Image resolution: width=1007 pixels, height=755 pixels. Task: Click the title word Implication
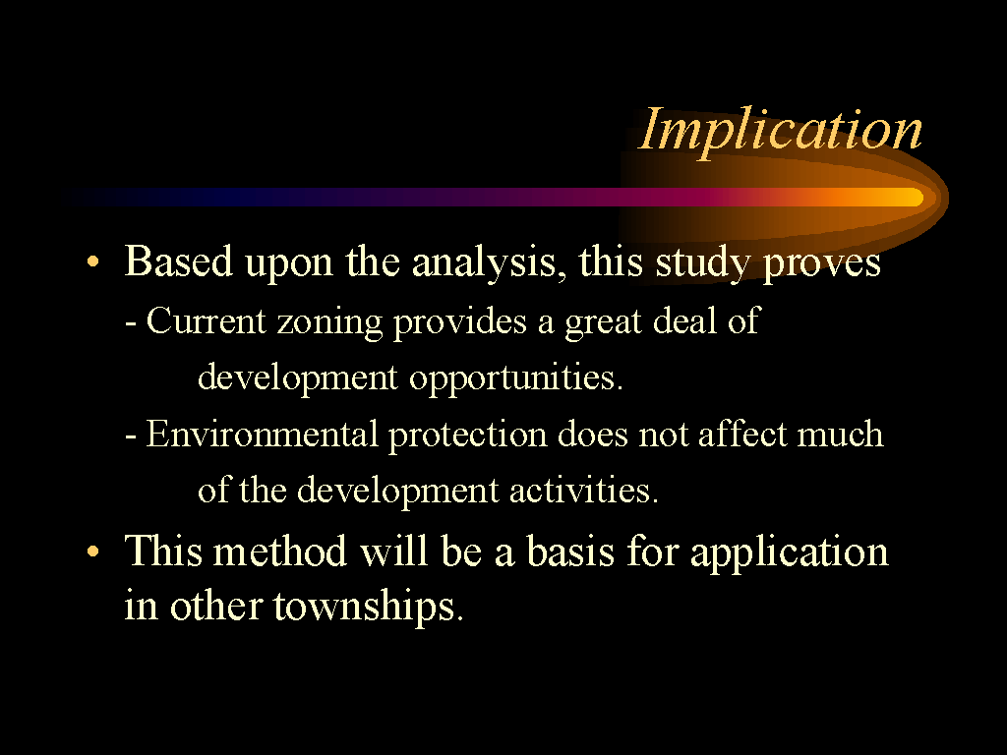(x=780, y=131)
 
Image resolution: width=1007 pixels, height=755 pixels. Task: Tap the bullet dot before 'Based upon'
(x=93, y=261)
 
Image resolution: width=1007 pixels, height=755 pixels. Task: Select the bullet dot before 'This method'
(x=93, y=551)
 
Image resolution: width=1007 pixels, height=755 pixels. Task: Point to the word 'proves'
(x=821, y=264)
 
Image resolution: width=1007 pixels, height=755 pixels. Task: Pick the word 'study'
(x=702, y=263)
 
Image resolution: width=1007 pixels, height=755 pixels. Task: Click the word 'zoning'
(x=329, y=321)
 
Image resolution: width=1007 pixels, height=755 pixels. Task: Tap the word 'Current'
(x=206, y=320)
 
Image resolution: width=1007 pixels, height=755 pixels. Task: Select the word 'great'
(x=603, y=321)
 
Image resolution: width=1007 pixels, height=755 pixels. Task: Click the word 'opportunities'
(x=515, y=377)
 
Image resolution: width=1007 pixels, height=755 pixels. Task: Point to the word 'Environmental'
(x=262, y=434)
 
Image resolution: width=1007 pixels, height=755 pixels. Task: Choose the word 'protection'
(x=467, y=436)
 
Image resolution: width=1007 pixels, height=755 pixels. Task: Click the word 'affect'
(x=741, y=434)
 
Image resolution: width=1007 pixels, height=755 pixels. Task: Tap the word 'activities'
(x=584, y=491)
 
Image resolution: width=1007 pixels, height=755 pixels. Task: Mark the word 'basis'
(x=570, y=552)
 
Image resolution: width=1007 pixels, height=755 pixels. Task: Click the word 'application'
(x=790, y=553)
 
